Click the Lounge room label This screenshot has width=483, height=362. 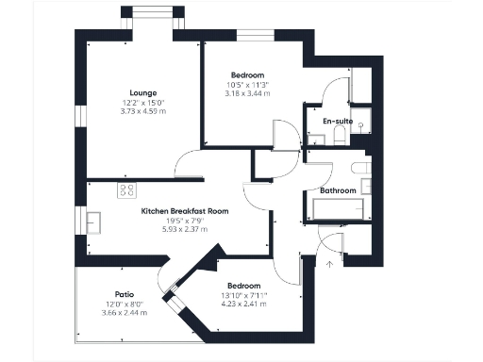(143, 92)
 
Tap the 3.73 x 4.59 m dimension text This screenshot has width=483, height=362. (143, 111)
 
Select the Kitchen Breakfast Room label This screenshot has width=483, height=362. (185, 211)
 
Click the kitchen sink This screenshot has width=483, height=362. (94, 222)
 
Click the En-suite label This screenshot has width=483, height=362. (338, 123)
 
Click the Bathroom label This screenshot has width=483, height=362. (338, 190)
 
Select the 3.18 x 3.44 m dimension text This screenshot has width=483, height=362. (247, 94)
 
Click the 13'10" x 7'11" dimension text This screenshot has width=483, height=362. (242, 295)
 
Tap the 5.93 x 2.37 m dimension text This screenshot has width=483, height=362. (185, 229)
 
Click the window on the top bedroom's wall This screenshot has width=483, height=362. (249, 36)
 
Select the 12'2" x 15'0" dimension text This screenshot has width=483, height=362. (143, 103)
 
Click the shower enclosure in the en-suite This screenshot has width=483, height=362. (362, 123)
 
